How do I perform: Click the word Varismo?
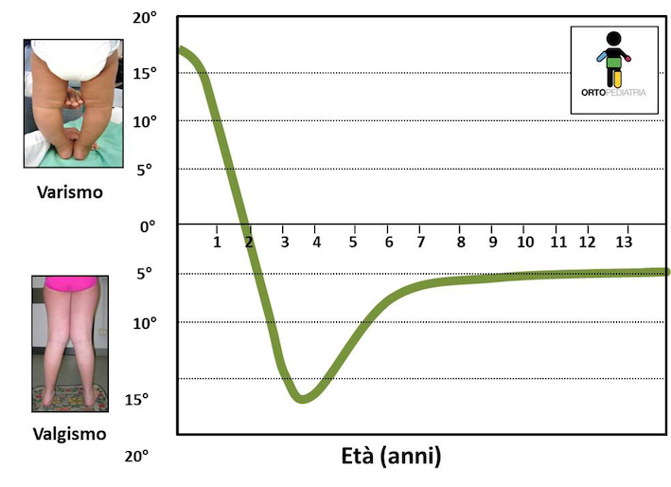coord(69,191)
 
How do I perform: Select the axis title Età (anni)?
coord(391,457)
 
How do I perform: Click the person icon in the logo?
coord(614,59)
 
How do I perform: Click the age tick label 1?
coord(217,243)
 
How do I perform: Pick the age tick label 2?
coord(250,243)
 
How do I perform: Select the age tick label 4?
coord(317,243)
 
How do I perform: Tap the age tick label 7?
coord(420,243)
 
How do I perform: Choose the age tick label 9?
coord(492,243)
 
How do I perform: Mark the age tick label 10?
coord(525,243)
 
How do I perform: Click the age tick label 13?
coord(623,243)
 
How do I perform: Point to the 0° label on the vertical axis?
coord(148,225)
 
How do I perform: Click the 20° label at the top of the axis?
coord(145,19)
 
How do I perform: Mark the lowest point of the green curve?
coord(302,397)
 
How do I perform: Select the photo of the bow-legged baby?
coord(73,103)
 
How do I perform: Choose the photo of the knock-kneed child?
coord(70,343)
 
